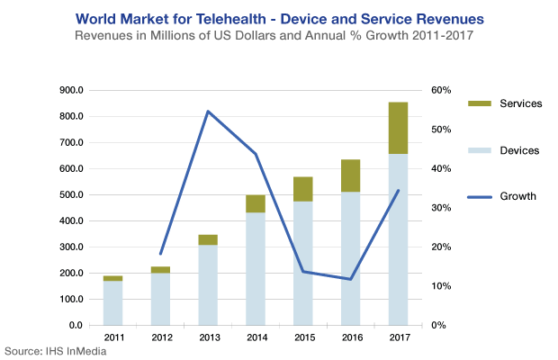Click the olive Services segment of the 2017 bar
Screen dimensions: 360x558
point(398,128)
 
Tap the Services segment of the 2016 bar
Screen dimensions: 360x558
point(350,175)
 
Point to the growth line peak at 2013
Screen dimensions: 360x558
point(208,112)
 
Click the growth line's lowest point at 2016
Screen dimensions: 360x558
point(350,279)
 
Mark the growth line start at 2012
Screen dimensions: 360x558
point(160,254)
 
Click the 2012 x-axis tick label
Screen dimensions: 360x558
point(160,337)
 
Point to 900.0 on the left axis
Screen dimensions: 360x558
point(71,91)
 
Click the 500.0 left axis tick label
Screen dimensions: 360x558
point(71,195)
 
